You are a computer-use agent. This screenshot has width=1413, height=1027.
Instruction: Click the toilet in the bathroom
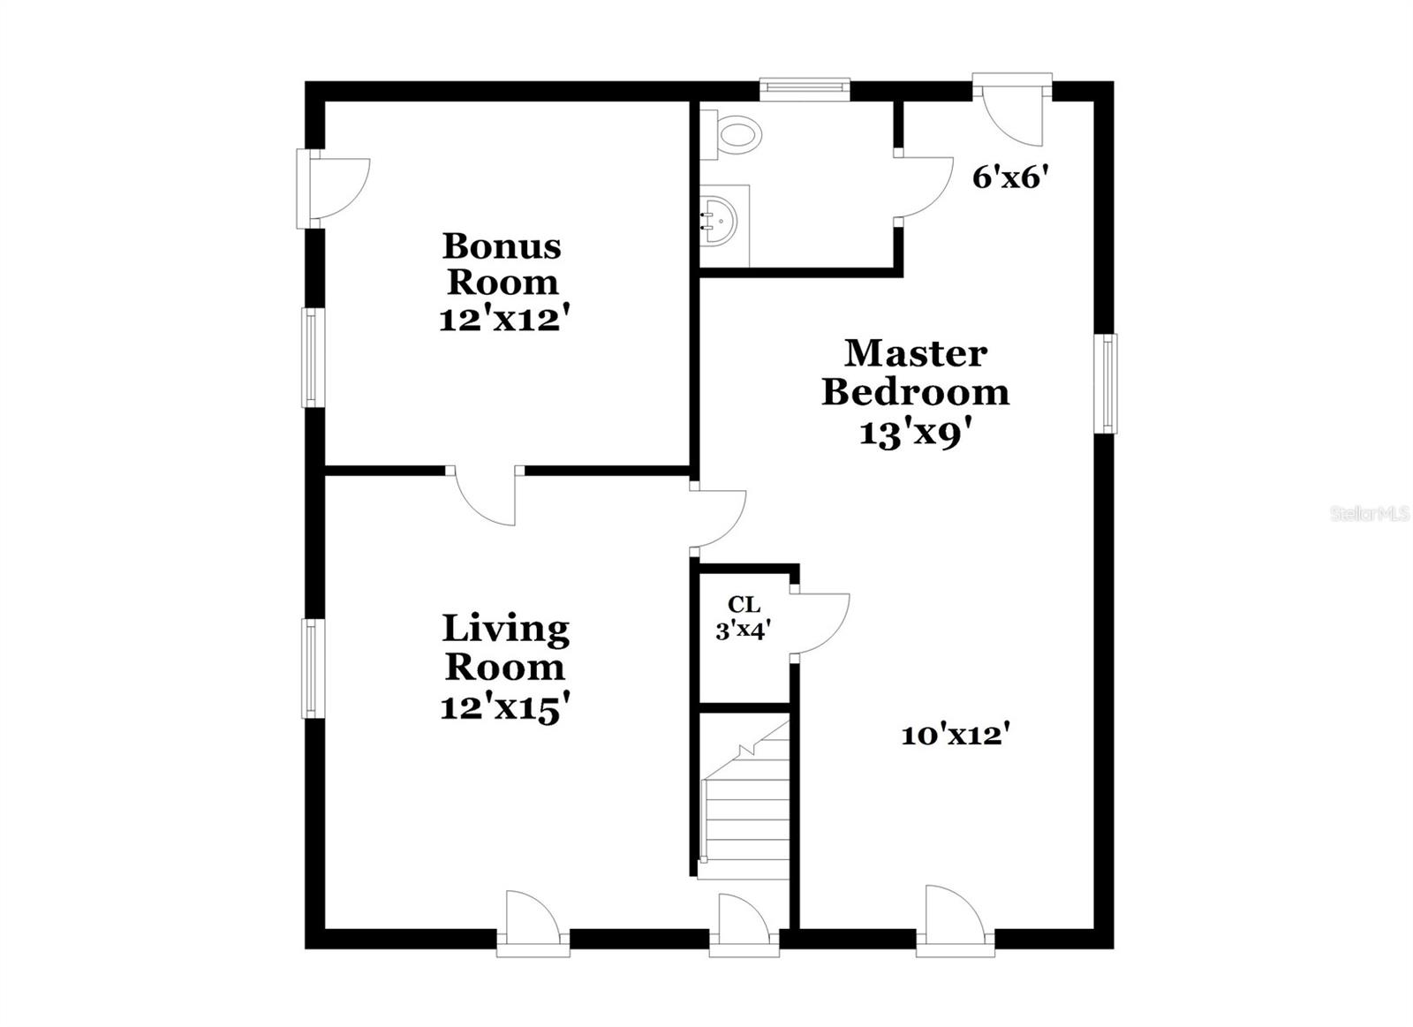click(x=735, y=135)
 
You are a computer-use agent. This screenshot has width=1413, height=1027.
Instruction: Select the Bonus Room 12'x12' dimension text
click(x=501, y=320)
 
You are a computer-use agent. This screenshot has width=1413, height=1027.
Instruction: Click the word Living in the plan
click(x=505, y=630)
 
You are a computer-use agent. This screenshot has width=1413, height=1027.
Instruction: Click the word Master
click(x=916, y=353)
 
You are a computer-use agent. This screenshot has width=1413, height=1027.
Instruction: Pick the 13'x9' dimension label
click(x=916, y=434)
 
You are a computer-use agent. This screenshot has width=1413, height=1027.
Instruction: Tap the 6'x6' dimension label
click(x=1010, y=178)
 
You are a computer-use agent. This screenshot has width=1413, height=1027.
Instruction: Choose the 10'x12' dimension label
click(x=956, y=736)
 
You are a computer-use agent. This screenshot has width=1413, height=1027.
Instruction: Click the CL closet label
click(x=744, y=605)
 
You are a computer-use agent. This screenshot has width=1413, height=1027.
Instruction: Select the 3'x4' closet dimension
click(x=744, y=631)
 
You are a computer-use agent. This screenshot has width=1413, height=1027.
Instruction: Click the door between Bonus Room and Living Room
click(x=486, y=496)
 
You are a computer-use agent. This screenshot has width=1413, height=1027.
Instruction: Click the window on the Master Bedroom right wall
click(x=1106, y=383)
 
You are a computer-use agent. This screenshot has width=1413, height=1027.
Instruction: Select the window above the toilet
click(x=804, y=87)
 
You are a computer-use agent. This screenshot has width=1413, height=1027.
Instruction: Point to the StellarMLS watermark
click(x=1370, y=514)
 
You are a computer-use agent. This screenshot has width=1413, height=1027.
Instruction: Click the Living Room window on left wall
click(x=311, y=668)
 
